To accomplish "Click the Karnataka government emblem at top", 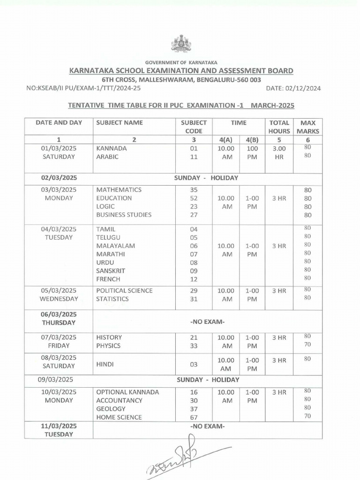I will coord(181,44).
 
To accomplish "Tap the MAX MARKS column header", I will coord(307,127).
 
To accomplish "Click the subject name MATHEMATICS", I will coord(119,190).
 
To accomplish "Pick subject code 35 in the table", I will coord(194,190).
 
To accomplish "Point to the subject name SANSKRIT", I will coord(112,270).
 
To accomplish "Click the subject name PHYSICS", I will coord(108,345).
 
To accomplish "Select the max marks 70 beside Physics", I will coord(307,345).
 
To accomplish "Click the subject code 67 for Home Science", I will coord(194,417).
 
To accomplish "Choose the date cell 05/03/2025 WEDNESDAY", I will coord(59,294).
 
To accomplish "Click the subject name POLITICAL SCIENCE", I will coord(124,291).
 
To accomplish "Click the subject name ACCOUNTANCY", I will coord(119,400).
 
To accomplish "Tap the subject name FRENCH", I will coord(107,279).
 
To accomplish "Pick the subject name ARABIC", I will coord(107,157).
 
